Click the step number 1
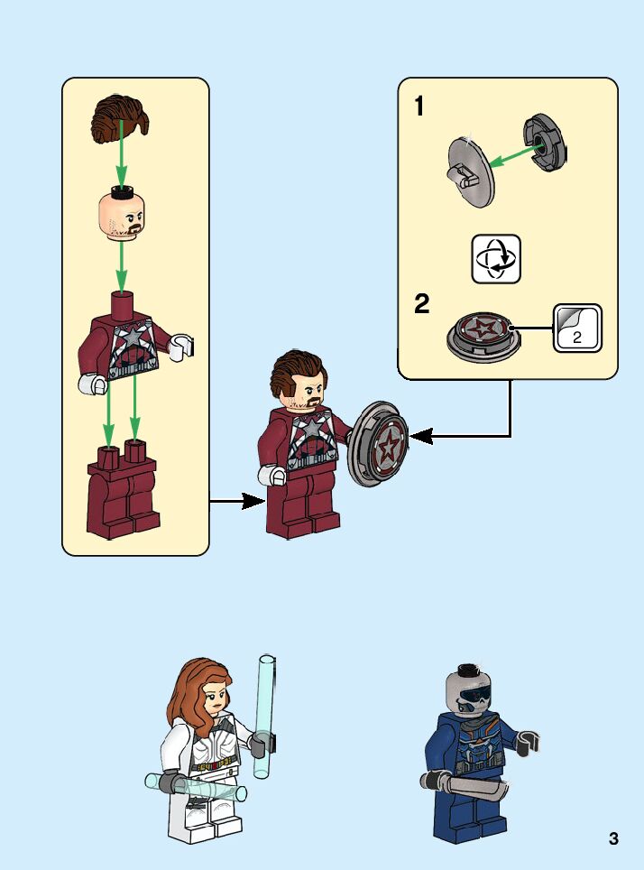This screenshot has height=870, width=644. click(x=419, y=107)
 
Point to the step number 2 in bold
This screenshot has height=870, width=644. click(x=421, y=305)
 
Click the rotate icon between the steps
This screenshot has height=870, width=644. click(x=496, y=259)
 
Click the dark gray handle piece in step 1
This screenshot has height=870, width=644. click(x=547, y=141)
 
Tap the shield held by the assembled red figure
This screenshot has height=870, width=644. click(x=378, y=443)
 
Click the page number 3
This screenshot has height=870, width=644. click(x=614, y=838)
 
